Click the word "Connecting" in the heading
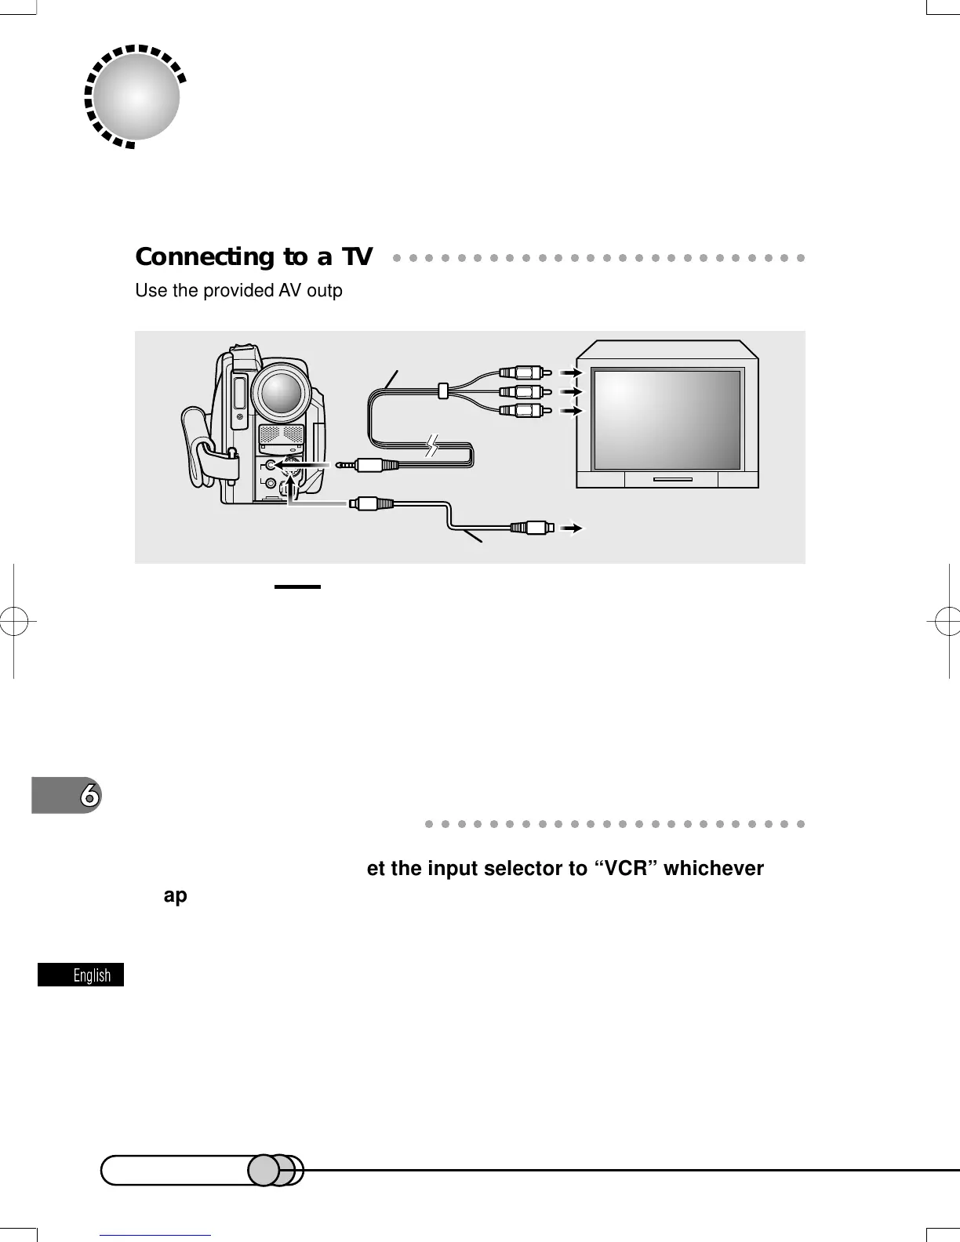[202, 257]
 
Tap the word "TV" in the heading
[356, 257]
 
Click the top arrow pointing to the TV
[571, 372]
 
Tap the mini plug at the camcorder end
[369, 465]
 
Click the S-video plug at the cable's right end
[533, 528]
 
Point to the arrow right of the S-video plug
[575, 528]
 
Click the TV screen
[667, 419]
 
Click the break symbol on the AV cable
[432, 446]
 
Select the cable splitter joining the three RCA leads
[443, 389]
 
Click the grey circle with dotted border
[136, 96]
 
